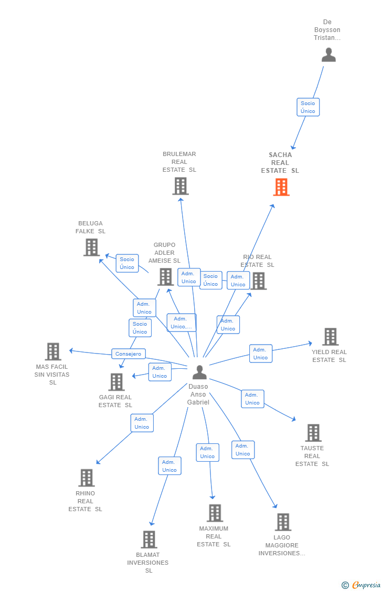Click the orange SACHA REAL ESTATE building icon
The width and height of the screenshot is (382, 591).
[281, 187]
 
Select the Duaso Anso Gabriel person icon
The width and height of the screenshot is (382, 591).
[199, 372]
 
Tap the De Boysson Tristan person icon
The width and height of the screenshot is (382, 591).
[328, 55]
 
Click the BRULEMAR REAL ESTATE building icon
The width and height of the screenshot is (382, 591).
[181, 186]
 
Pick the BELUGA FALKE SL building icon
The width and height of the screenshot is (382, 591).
[91, 247]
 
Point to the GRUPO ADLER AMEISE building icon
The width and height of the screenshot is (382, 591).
[165, 277]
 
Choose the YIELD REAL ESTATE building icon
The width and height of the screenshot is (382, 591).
[330, 337]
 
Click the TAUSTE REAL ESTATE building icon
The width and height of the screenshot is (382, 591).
[313, 433]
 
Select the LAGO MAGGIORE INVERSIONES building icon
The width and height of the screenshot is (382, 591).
[283, 522]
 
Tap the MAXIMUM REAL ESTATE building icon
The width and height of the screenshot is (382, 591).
[215, 513]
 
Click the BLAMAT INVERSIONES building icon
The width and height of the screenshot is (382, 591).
[149, 540]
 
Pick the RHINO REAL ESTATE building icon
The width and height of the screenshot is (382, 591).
[87, 478]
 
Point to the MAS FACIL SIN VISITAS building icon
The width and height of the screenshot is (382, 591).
[53, 351]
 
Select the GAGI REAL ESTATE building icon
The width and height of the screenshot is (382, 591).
[116, 382]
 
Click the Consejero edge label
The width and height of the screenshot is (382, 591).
[129, 354]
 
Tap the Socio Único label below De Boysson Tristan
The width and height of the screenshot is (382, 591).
[308, 107]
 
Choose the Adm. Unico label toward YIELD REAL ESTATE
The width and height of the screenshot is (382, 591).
[261, 354]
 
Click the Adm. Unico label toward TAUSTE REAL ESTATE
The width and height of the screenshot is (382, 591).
[252, 399]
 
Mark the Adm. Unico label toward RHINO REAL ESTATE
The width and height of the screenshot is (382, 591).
[142, 423]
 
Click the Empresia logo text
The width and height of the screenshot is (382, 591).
[366, 585]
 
